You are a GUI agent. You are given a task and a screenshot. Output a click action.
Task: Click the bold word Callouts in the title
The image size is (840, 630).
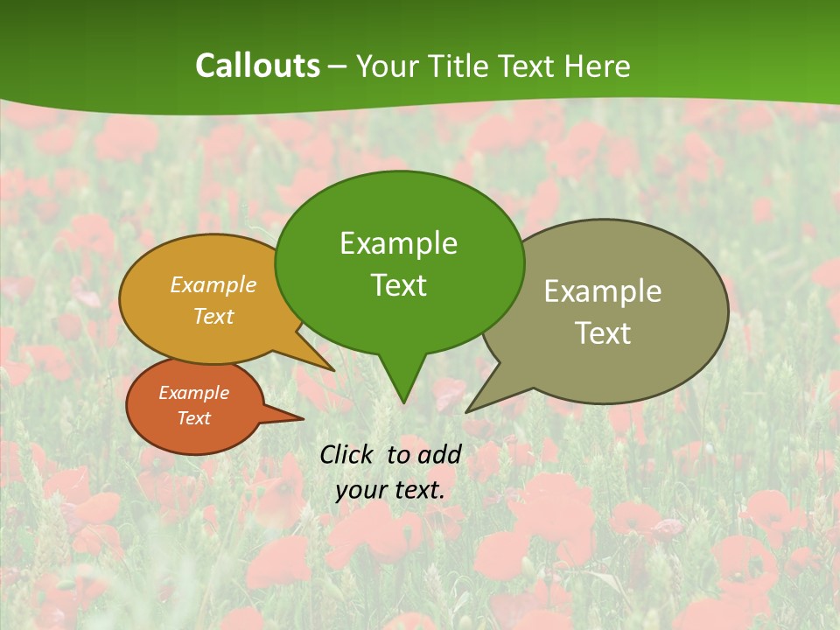click(x=257, y=66)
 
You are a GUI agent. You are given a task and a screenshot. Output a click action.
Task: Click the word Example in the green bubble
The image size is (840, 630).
click(x=398, y=243)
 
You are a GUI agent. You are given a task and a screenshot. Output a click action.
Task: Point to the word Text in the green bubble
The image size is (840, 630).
click(x=398, y=285)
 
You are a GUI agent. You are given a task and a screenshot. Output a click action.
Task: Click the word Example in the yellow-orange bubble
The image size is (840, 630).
click(x=213, y=285)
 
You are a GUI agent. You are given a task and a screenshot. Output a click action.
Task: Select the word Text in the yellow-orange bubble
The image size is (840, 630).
click(x=213, y=317)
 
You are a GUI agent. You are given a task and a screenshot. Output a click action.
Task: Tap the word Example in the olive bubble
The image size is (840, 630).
click(x=603, y=291)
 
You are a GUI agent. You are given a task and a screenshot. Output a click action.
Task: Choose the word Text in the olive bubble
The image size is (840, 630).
click(x=603, y=333)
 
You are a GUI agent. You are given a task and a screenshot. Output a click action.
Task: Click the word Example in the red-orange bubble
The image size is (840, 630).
click(x=193, y=393)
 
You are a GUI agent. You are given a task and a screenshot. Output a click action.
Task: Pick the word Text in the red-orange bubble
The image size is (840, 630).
click(x=193, y=418)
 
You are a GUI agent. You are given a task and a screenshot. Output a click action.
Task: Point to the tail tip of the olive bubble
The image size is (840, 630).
click(x=467, y=411)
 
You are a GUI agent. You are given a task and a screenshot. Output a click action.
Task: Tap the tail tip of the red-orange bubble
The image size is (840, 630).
click(x=302, y=419)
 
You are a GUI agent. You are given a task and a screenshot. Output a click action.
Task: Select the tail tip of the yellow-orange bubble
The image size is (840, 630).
click(x=333, y=370)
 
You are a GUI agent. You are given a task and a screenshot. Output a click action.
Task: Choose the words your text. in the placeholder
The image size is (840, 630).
click(x=389, y=490)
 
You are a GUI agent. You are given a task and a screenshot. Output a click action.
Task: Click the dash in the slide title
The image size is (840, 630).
click(x=338, y=66)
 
